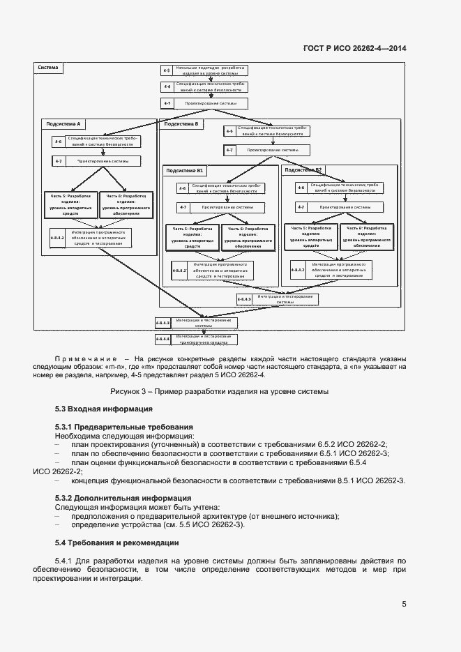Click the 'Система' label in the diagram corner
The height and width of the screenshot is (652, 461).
(48, 68)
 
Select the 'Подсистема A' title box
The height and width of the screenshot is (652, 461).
(63, 124)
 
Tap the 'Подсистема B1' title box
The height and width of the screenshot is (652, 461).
(185, 170)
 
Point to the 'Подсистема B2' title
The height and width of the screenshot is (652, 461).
(303, 170)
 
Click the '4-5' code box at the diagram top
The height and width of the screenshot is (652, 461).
(167, 70)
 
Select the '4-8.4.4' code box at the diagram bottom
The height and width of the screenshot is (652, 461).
(163, 340)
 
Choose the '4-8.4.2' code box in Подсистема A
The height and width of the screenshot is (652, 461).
(57, 237)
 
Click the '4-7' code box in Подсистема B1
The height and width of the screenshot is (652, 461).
(183, 207)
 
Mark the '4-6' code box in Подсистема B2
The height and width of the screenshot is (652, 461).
(301, 188)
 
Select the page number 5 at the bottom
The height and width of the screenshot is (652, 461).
(404, 605)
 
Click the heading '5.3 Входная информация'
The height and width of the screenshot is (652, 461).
(103, 409)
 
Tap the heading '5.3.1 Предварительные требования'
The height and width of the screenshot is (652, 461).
(123, 427)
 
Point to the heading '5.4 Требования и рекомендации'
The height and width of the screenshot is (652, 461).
(116, 543)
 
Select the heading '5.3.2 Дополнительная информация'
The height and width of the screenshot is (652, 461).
(123, 498)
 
